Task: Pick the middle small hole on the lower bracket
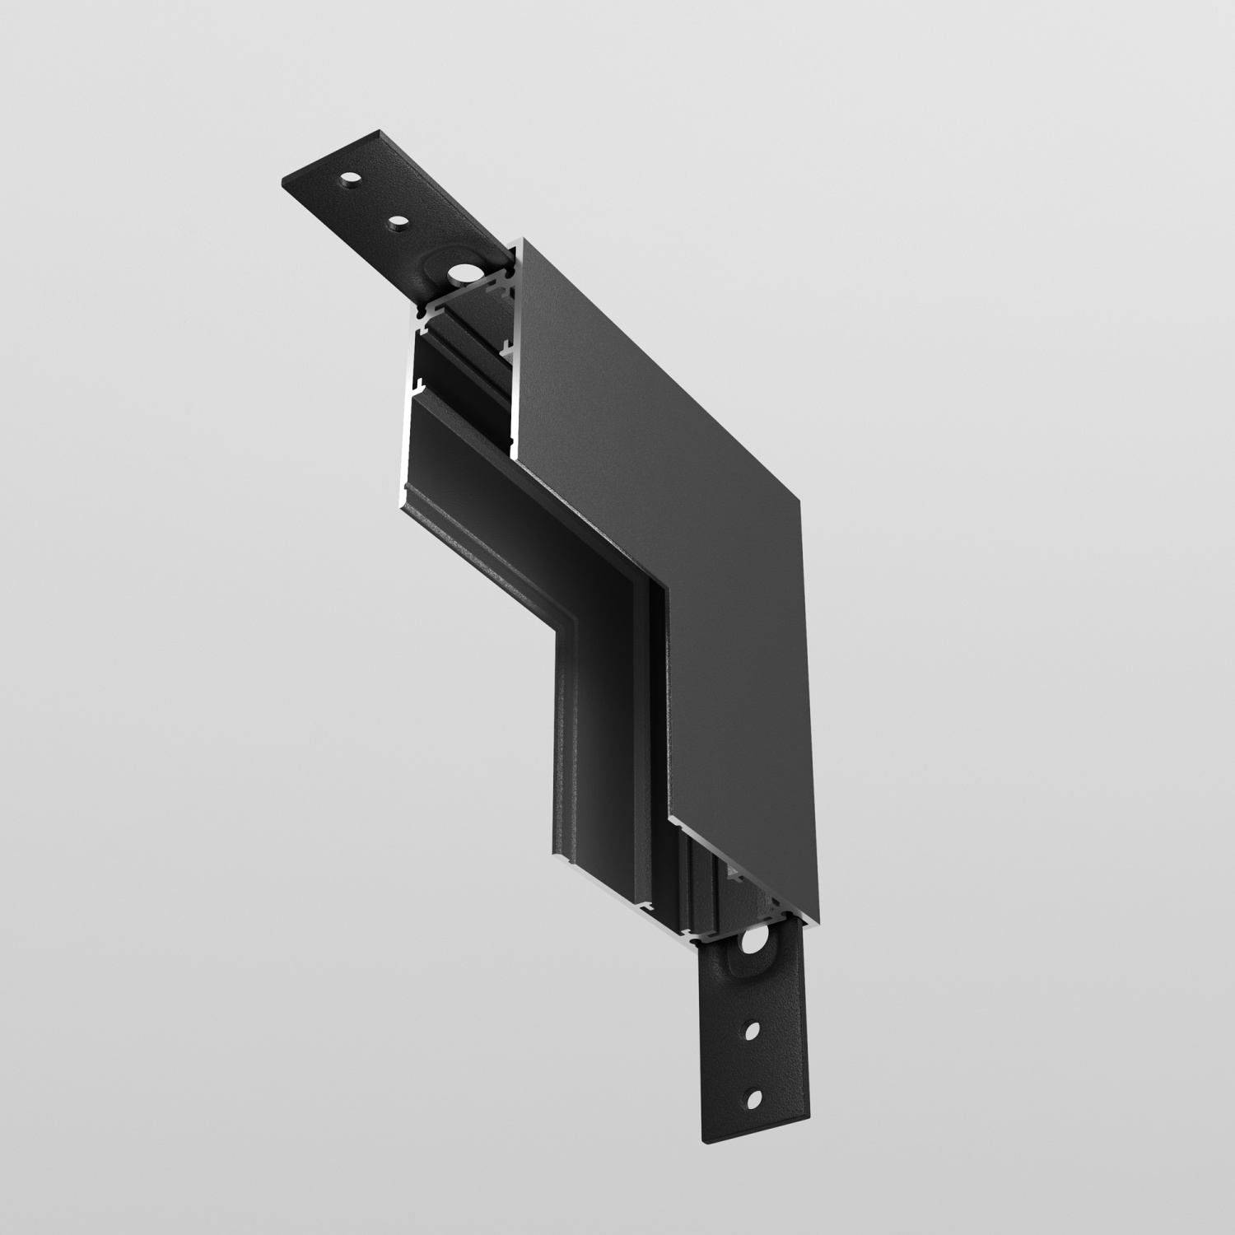tap(753, 1029)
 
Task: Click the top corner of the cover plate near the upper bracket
tap(524, 241)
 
